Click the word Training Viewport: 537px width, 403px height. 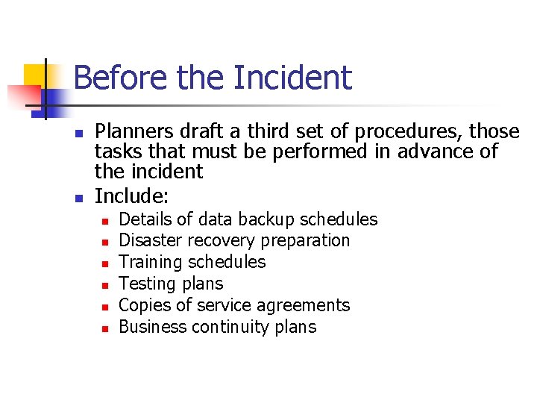click(151, 262)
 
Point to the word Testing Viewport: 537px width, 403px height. click(146, 284)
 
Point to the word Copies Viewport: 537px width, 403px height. click(143, 305)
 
